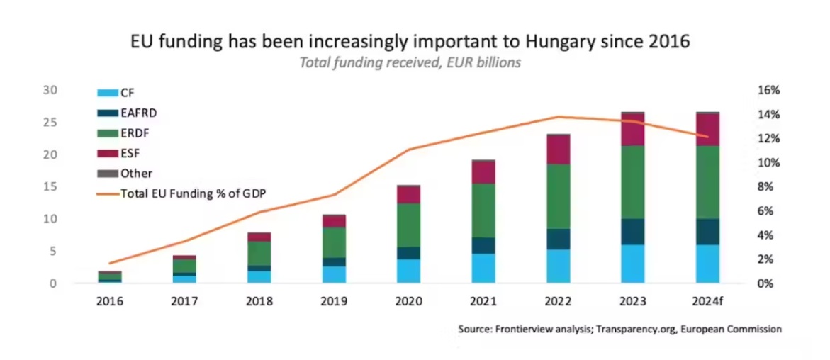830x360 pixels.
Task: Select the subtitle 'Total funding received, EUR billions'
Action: tap(410, 62)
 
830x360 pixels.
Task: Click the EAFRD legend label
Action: tap(138, 112)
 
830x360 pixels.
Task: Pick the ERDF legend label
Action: tap(135, 132)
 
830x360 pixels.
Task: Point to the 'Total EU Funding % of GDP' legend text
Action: tap(194, 193)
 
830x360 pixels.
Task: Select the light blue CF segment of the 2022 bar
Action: tap(559, 266)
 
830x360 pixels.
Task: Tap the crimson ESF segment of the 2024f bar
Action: tap(707, 130)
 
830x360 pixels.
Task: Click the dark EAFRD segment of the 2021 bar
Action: tap(484, 245)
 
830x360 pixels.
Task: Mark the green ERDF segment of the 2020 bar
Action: tap(409, 225)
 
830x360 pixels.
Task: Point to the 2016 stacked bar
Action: tap(110, 277)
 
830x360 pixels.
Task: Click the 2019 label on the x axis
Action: tap(334, 301)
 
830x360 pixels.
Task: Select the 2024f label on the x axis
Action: tap(707, 301)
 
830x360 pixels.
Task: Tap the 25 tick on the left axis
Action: tap(50, 123)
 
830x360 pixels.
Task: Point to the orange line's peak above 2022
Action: tap(558, 117)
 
